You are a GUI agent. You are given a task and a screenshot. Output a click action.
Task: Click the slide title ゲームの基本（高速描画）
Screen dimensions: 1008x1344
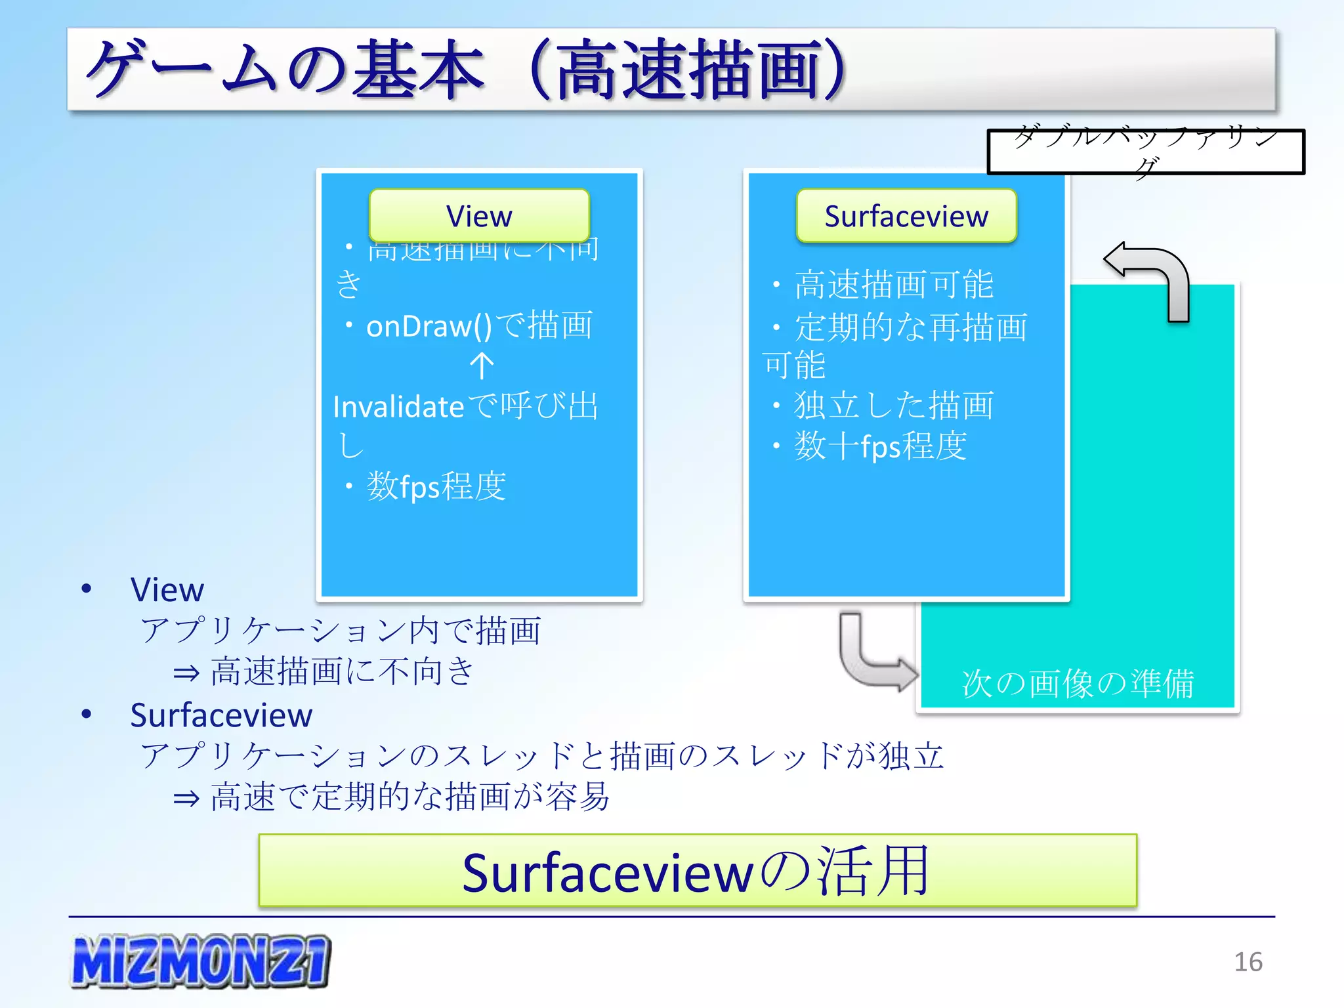point(466,70)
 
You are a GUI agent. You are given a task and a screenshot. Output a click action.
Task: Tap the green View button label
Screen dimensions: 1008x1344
point(479,216)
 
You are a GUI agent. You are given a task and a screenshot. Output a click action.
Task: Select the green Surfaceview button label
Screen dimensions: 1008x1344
point(906,216)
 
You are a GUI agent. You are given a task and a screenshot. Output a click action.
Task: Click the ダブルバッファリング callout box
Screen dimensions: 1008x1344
point(1146,152)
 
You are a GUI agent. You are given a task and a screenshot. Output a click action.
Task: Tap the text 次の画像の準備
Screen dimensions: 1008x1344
point(1078,683)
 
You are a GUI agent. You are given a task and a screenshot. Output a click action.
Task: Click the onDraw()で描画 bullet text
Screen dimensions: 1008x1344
point(479,326)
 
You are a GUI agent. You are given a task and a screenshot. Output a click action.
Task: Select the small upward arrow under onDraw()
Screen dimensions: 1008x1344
point(482,366)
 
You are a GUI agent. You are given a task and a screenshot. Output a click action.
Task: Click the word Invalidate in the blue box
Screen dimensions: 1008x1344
point(398,407)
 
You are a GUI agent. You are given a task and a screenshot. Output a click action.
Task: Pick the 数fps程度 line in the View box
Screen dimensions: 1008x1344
point(436,486)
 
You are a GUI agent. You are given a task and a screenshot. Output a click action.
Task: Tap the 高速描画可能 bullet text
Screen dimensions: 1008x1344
point(894,285)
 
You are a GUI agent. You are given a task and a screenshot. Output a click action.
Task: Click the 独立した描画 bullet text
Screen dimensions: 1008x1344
point(894,405)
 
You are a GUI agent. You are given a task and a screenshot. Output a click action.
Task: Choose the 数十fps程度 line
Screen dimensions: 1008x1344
point(880,446)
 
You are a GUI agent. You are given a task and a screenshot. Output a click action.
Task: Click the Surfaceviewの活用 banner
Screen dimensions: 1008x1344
point(697,871)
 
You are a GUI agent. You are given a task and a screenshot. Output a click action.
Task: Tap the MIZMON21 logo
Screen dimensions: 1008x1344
point(201,961)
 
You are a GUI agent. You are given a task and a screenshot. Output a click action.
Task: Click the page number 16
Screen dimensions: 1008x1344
point(1248,962)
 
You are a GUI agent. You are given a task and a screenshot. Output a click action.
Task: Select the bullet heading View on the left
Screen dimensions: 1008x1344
point(167,589)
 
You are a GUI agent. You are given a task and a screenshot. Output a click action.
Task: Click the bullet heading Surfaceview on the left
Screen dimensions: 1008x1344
point(221,715)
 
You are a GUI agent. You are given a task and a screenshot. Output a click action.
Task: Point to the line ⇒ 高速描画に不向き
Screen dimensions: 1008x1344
point(323,671)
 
